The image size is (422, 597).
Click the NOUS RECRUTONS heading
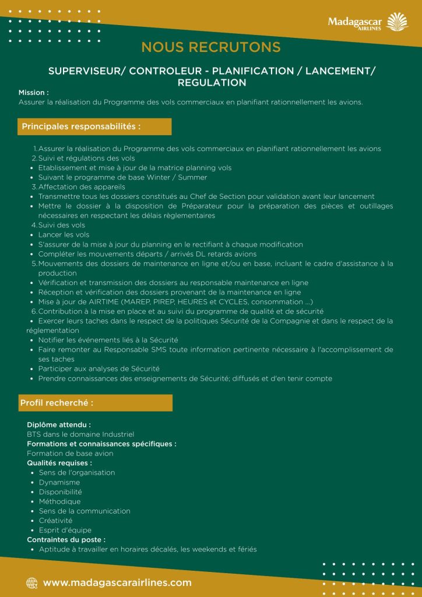click(x=211, y=47)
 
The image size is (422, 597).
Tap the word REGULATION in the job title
click(x=212, y=83)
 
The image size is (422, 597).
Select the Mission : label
click(x=34, y=93)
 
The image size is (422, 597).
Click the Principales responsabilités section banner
click(x=81, y=127)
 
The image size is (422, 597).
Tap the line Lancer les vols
click(x=64, y=234)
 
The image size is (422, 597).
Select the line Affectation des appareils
click(x=82, y=187)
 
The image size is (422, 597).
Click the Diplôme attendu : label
click(x=59, y=425)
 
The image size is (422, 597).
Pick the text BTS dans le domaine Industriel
click(x=80, y=434)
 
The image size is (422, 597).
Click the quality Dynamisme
click(x=59, y=482)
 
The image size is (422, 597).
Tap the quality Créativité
click(x=56, y=521)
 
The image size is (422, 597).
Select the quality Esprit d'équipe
click(x=65, y=530)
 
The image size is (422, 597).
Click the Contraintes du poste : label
click(x=66, y=540)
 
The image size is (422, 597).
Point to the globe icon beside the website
click(x=31, y=582)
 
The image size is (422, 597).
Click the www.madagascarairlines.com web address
click(x=117, y=582)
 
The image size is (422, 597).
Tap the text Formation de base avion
click(x=70, y=453)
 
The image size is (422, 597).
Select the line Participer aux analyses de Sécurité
click(x=99, y=369)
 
